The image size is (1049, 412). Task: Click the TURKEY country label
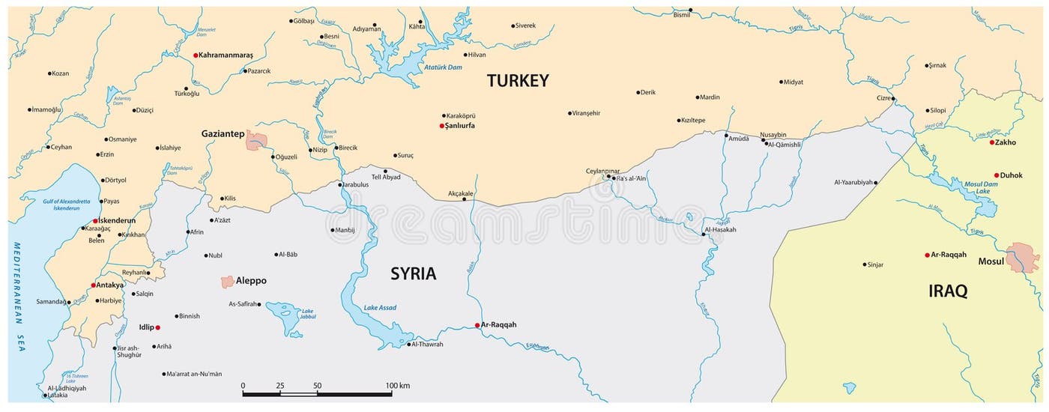pos(518,81)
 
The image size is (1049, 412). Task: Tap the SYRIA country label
pos(413,274)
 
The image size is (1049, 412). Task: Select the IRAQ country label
pos(948,291)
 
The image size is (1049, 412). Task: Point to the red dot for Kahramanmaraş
pos(196,55)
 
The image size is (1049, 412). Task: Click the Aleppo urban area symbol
pos(227,282)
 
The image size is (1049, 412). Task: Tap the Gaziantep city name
pos(223,133)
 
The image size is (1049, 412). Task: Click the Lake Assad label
pos(380,308)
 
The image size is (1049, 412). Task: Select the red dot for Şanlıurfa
pos(442,126)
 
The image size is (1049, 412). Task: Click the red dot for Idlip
pos(157,327)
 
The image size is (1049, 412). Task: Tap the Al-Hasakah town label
pos(721,229)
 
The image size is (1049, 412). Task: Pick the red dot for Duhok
pos(997,175)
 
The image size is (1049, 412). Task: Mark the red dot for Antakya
pos(94,285)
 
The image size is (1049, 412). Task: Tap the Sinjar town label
pos(874,264)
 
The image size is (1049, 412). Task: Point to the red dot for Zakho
pos(992,142)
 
